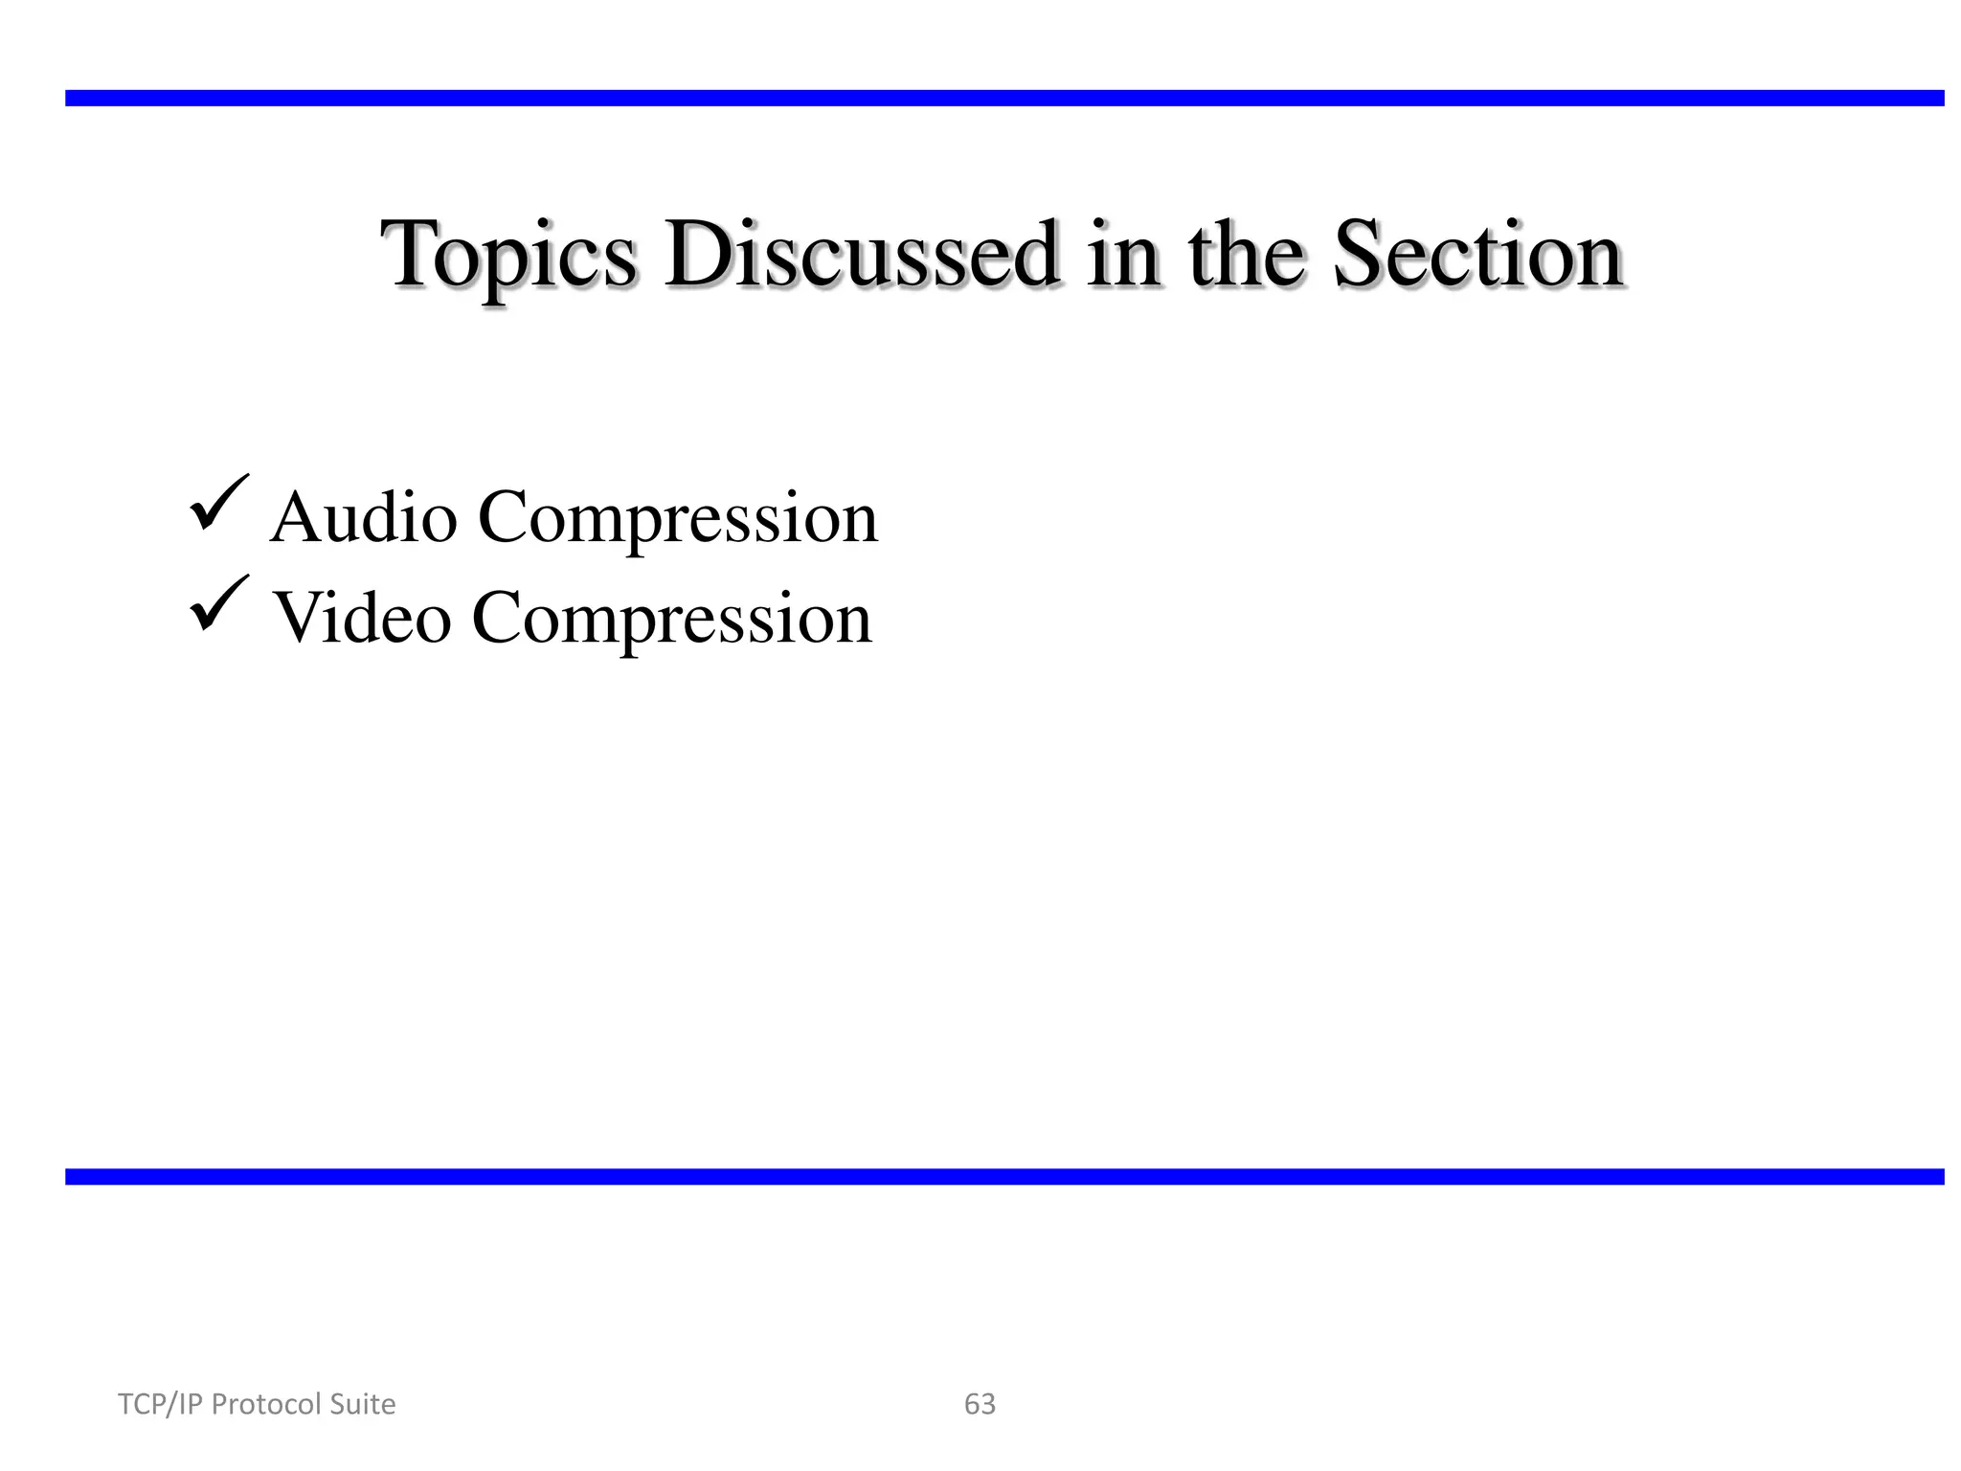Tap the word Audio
(364, 517)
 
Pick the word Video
(362, 618)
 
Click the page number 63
(980, 1404)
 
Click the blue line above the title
(1003, 98)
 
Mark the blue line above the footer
(1003, 1177)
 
